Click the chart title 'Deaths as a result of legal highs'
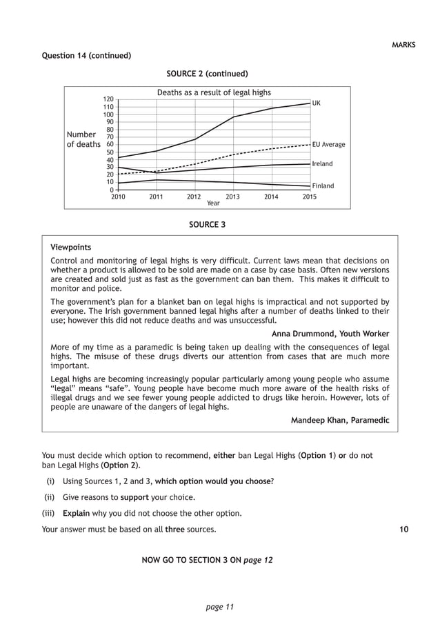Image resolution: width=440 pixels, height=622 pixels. pyautogui.click(x=214, y=92)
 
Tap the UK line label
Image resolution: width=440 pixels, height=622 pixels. pyautogui.click(x=317, y=103)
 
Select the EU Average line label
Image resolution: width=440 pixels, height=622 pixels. pyautogui.click(x=328, y=145)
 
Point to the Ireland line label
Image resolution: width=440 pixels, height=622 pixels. pyautogui.click(x=322, y=164)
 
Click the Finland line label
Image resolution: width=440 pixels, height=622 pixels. pyautogui.click(x=323, y=186)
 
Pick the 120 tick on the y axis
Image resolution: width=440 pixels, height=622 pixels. pyautogui.click(x=109, y=100)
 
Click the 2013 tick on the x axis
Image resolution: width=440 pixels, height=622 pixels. pyautogui.click(x=233, y=197)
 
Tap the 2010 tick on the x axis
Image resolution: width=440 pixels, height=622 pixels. pyautogui.click(x=118, y=197)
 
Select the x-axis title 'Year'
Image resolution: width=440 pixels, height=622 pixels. pyautogui.click(x=214, y=203)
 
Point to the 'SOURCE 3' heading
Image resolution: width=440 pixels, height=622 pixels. pyautogui.click(x=207, y=224)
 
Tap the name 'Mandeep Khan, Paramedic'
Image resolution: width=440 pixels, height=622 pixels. pyautogui.click(x=339, y=420)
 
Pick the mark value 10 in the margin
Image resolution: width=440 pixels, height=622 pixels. pyautogui.click(x=403, y=530)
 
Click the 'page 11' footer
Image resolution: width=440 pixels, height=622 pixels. pyautogui.click(x=220, y=607)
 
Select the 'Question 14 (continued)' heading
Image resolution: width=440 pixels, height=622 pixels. pyautogui.click(x=87, y=55)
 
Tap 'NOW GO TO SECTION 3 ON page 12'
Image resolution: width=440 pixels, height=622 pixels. pyautogui.click(x=207, y=560)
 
